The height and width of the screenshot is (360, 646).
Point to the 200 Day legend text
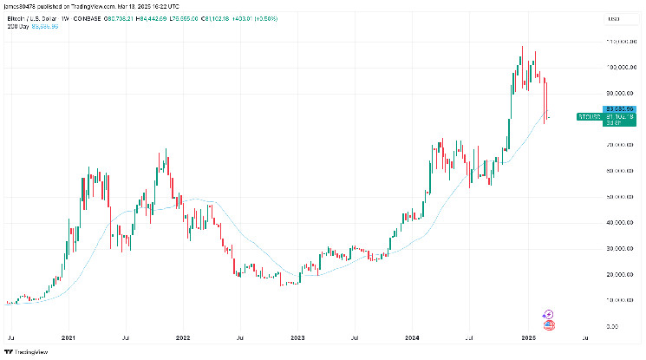(18, 26)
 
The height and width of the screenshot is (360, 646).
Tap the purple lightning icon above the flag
(548, 315)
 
